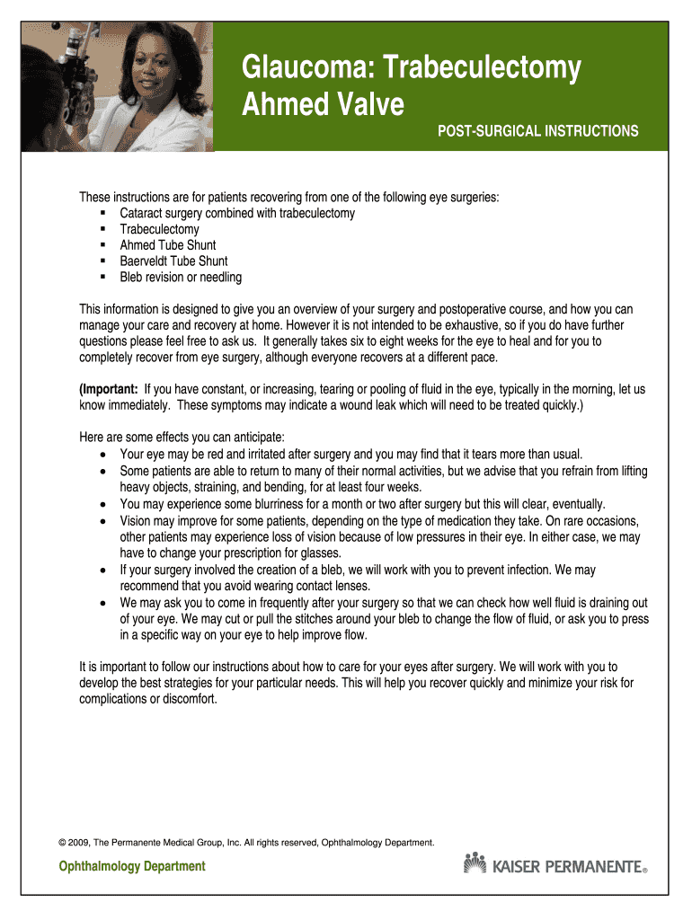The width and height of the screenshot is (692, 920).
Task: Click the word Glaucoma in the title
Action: point(296,68)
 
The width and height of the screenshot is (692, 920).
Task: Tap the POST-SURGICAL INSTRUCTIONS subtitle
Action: point(537,131)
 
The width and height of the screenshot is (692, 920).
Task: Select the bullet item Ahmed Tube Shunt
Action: point(167,245)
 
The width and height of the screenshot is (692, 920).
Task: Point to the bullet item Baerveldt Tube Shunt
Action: point(173,261)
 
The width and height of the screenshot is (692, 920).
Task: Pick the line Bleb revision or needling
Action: point(180,278)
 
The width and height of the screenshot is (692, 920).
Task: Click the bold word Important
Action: point(110,390)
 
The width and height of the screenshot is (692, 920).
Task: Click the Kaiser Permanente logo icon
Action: point(475,863)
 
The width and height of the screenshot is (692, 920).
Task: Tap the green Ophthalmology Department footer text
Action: point(132,867)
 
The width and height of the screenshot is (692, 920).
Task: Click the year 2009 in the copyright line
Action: point(79,842)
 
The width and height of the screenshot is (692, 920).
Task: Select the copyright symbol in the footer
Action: point(62,842)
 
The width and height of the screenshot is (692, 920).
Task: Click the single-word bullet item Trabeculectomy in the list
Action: point(159,229)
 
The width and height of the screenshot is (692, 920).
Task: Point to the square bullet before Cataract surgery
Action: point(104,214)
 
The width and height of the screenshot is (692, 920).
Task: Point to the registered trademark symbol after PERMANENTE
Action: point(644,871)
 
